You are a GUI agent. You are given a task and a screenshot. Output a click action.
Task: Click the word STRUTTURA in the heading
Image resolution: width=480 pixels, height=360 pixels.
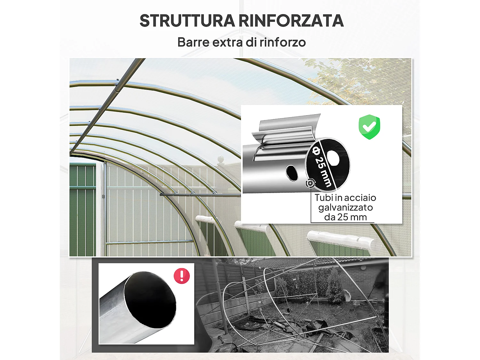(187, 21)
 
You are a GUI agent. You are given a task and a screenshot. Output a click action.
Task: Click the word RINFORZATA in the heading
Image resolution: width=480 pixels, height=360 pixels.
(291, 21)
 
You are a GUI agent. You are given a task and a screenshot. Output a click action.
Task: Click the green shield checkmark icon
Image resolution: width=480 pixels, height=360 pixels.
(369, 127)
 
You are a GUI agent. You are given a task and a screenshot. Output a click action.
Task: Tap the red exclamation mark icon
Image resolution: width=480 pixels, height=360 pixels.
(182, 276)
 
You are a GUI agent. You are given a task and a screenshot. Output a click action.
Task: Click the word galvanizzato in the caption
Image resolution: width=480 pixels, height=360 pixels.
(345, 207)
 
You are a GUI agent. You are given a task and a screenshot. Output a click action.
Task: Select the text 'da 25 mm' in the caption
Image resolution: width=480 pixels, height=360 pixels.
(345, 217)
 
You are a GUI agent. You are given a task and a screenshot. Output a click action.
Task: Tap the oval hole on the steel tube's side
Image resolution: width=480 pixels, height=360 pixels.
(292, 173)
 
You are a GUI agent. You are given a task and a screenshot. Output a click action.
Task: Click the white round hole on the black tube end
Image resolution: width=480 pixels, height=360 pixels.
(333, 158)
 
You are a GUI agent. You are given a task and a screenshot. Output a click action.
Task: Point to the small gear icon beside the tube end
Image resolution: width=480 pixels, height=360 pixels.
(310, 183)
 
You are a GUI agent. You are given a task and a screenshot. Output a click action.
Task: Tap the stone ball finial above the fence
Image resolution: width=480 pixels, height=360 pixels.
(221, 159)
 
